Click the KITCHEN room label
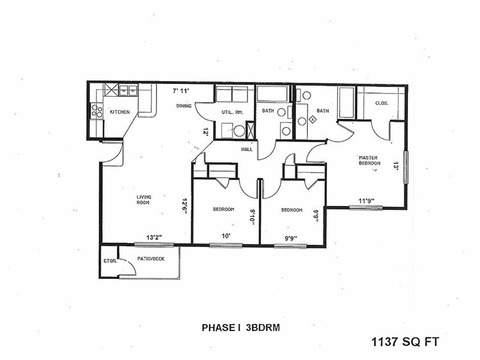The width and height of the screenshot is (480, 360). click(119, 112)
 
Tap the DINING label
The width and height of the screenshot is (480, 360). click(184, 106)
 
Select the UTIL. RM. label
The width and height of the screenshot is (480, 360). click(231, 112)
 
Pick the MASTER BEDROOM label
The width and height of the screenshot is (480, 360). click(370, 159)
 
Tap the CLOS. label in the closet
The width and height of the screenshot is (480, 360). click(382, 103)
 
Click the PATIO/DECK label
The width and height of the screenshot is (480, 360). click(149, 259)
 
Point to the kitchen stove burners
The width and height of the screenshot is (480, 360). click(95, 112)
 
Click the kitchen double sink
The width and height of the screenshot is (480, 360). click(127, 91)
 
